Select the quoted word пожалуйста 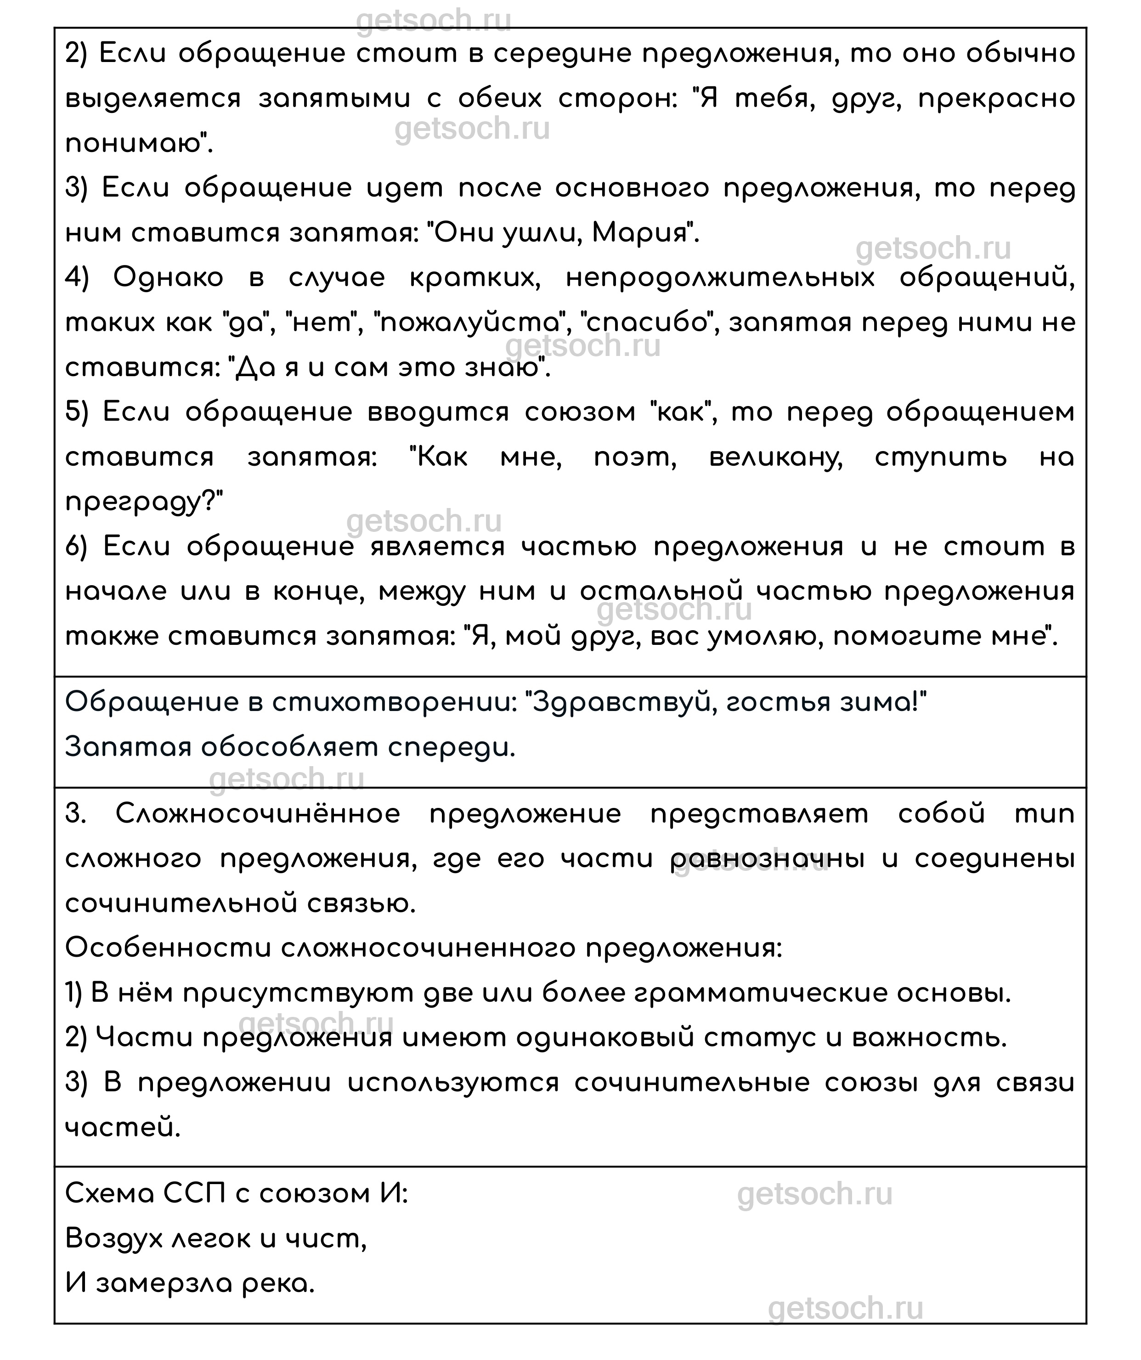(471, 322)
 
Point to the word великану (776, 457)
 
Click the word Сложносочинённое (258, 813)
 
